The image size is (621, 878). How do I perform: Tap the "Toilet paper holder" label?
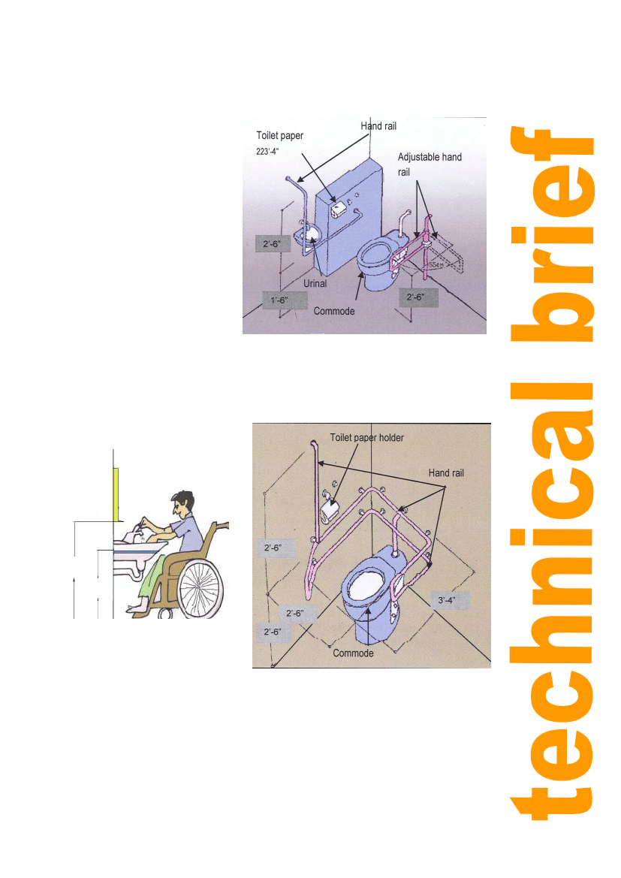point(366,438)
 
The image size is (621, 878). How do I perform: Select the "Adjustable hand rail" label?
point(430,164)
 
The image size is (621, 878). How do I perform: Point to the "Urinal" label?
point(315,284)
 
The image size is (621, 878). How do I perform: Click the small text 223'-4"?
point(267,151)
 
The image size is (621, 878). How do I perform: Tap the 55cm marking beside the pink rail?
point(437,264)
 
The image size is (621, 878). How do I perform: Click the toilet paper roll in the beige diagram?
point(330,509)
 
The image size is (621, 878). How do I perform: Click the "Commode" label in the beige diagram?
point(353,653)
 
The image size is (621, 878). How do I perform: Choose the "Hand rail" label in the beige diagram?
point(446,473)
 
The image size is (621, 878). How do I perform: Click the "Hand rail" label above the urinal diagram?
point(378,126)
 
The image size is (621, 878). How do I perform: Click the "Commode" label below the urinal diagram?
point(333,312)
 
